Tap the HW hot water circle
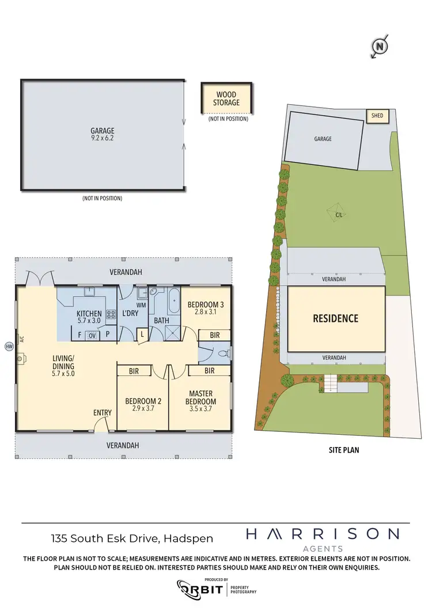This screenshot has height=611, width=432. click(9, 346)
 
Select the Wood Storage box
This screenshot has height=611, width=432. click(226, 98)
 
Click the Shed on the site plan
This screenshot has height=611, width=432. click(377, 116)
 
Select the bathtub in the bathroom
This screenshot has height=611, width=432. click(172, 301)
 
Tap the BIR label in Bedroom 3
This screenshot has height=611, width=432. click(214, 335)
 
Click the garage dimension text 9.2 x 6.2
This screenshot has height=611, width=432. click(102, 139)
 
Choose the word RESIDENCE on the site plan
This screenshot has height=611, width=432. click(335, 318)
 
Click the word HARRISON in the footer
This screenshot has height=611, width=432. click(322, 534)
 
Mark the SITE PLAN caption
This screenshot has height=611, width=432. click(339, 450)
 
